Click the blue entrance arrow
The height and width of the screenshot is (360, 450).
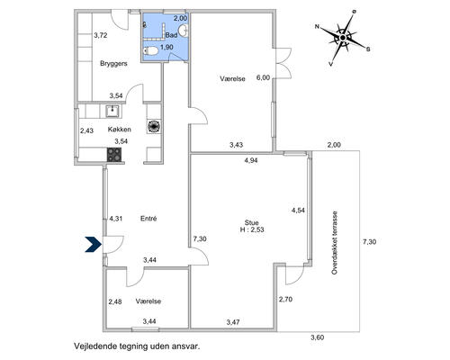coord(94,244)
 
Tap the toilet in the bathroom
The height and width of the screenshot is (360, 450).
coord(151,51)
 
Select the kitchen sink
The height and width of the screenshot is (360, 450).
coord(113,111)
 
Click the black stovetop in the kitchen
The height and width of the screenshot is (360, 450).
coord(114,155)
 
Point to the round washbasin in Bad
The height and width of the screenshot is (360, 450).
coord(184,31)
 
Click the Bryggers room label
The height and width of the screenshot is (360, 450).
coord(113,64)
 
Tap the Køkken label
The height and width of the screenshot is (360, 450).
coord(120,130)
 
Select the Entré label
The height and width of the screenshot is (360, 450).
coord(148,219)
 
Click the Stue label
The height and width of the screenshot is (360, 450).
coord(252,222)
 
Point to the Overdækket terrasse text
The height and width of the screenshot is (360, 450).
coord(335,243)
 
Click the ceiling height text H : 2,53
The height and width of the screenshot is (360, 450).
coord(252,230)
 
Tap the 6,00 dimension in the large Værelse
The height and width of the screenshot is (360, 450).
coord(263,77)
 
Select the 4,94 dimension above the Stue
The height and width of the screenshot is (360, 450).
coord(251,160)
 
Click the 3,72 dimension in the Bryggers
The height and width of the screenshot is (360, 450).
coord(101,35)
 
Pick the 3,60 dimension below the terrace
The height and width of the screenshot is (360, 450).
coord(318,337)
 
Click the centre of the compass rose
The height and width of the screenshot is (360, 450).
coord(342,38)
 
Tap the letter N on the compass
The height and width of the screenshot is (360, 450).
coord(317,27)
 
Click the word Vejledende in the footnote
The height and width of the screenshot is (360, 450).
coord(92,346)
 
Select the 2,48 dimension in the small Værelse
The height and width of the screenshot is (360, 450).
coord(115,301)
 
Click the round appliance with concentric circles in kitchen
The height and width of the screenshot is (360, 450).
coord(154,126)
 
